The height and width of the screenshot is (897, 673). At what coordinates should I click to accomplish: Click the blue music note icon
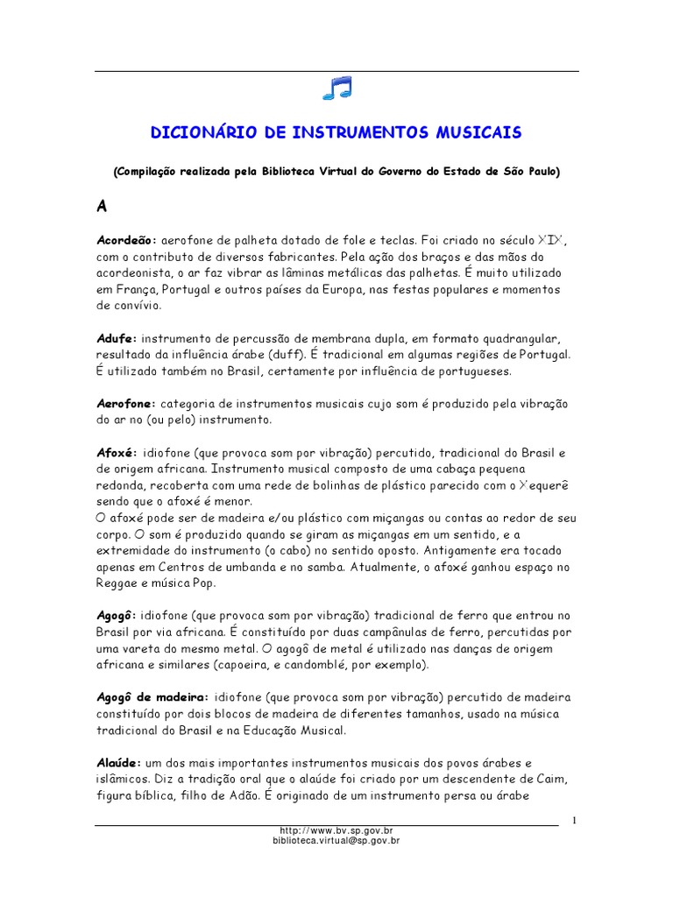(336, 88)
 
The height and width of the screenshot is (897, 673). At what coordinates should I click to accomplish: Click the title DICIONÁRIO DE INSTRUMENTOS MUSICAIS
(336, 132)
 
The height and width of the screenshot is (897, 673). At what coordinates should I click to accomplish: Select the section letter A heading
(102, 207)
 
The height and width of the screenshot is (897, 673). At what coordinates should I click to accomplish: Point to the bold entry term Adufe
(116, 338)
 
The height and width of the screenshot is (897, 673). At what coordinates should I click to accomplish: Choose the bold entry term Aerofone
(125, 404)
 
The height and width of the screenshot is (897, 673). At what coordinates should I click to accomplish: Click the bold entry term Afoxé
(116, 453)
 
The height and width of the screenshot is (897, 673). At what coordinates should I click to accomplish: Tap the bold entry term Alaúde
(119, 763)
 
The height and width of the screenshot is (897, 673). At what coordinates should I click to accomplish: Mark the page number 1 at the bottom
(573, 820)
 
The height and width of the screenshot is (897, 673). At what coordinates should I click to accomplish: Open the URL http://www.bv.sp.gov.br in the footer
(336, 830)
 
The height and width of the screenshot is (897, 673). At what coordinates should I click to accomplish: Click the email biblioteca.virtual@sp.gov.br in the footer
(336, 840)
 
